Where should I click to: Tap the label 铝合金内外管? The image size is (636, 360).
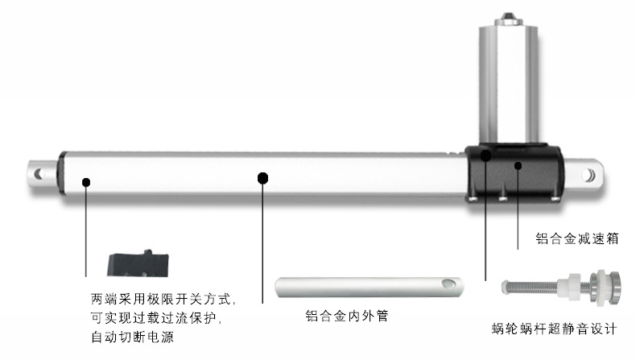pyautogui.click(x=347, y=316)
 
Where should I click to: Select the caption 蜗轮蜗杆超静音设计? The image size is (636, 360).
pyautogui.click(x=555, y=329)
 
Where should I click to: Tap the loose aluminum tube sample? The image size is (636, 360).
pyautogui.click(x=370, y=287)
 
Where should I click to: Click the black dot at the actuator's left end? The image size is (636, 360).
pyautogui.click(x=85, y=182)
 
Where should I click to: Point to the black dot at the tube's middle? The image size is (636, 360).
pyautogui.click(x=262, y=176)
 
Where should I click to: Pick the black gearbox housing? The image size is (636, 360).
pyautogui.click(x=512, y=173)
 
